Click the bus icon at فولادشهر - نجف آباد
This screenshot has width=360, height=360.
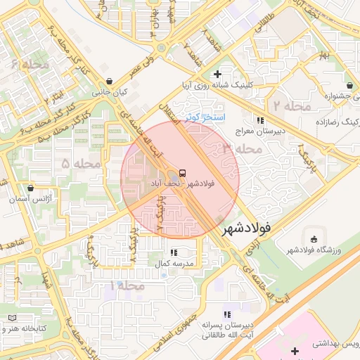[183, 172]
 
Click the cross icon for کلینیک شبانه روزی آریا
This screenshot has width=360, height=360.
[217, 74]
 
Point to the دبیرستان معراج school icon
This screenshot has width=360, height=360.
[260, 120]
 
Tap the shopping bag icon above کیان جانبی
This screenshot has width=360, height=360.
[108, 81]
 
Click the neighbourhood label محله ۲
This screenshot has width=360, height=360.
[292, 106]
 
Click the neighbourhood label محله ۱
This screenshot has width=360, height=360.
[127, 286]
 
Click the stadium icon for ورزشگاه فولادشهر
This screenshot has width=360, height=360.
[312, 239]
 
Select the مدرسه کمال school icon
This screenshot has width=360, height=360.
[173, 252]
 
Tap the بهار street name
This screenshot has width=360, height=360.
[323, 54]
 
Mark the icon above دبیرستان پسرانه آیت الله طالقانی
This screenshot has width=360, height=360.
[226, 315]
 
